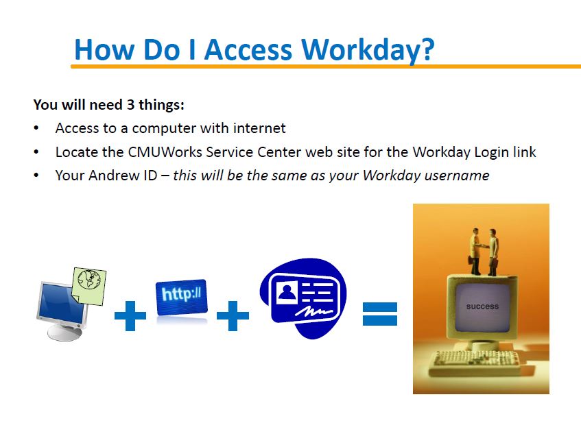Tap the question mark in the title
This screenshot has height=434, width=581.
click(x=428, y=49)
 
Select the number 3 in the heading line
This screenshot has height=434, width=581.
click(x=130, y=105)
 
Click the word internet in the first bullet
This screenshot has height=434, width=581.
click(x=259, y=128)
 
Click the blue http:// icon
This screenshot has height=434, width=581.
click(x=182, y=298)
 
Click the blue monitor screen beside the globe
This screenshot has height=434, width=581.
click(x=61, y=304)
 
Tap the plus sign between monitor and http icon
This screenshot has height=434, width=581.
click(x=130, y=315)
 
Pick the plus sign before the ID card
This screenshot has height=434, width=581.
click(x=233, y=315)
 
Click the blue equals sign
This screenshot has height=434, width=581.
click(x=380, y=314)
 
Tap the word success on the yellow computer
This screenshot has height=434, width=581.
click(x=482, y=306)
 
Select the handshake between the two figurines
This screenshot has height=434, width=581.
click(x=483, y=245)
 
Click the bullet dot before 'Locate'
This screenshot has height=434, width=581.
click(x=36, y=152)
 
